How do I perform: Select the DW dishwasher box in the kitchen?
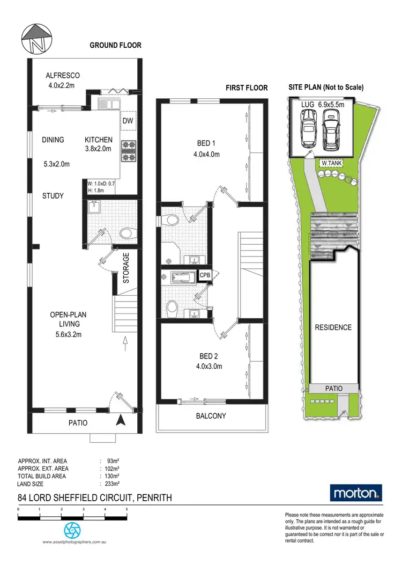(128, 121)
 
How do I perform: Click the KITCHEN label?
(99, 140)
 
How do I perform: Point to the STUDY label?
(53, 196)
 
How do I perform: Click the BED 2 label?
(208, 356)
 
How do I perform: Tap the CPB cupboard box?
(204, 275)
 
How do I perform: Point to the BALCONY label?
(211, 415)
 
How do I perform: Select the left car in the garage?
(309, 129)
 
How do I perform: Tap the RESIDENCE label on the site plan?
(333, 327)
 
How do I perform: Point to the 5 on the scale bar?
(126, 509)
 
